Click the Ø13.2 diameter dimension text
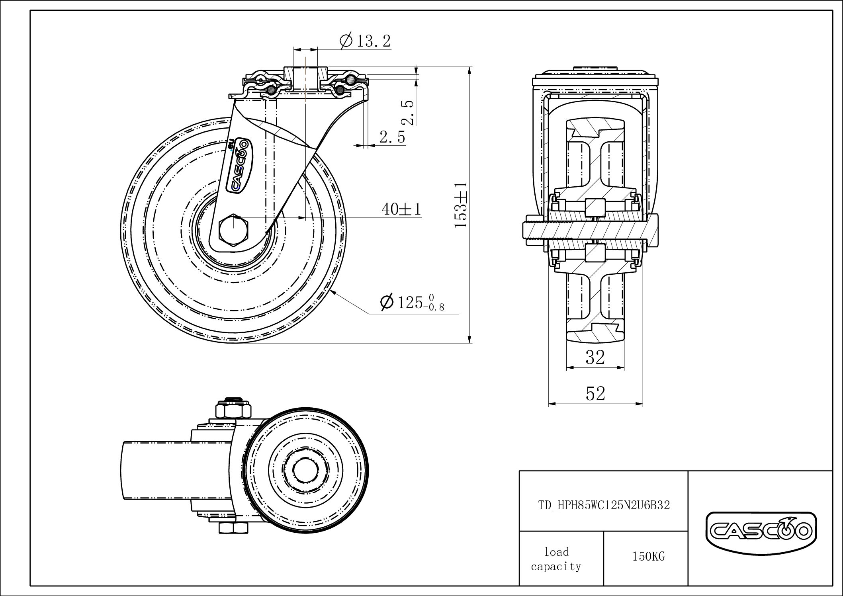(365, 41)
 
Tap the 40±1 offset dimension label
(401, 209)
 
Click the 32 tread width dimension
(595, 358)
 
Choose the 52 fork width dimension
(595, 394)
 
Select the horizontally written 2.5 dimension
(392, 137)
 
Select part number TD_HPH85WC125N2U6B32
(604, 505)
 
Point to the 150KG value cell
(648, 557)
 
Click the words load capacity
(556, 559)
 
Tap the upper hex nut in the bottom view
(233, 410)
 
